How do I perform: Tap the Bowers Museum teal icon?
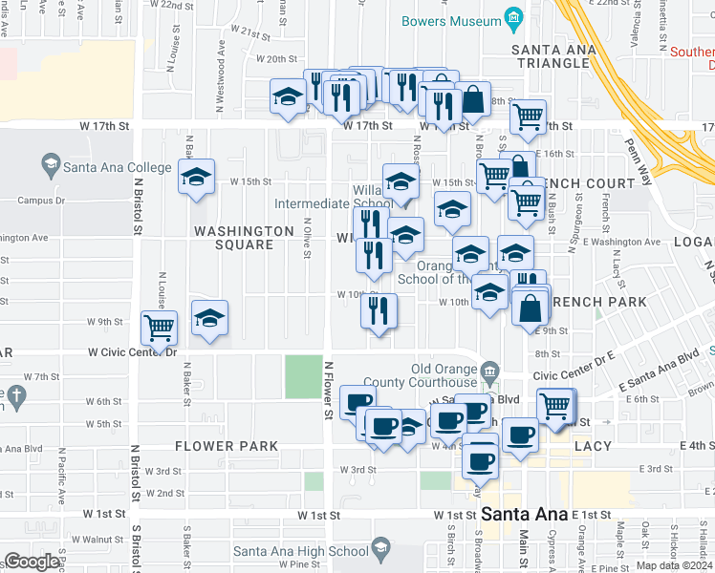(x=513, y=20)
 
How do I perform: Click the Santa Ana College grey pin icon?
(x=49, y=166)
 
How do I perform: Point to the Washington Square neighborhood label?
(x=244, y=238)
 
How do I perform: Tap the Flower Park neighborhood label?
(x=227, y=446)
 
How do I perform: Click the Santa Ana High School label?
(x=300, y=551)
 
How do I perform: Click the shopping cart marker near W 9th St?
(x=160, y=327)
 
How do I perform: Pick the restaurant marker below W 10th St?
(x=379, y=310)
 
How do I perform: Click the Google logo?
(x=32, y=562)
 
